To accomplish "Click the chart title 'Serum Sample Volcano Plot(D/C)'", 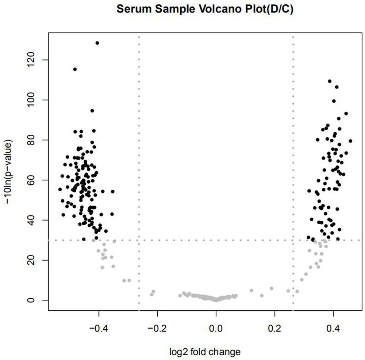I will [205, 9].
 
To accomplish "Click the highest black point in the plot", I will [97, 43].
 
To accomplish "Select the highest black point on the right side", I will [330, 81].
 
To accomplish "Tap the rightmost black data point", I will [350, 141].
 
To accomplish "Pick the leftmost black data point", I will [60, 189].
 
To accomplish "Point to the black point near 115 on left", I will [75, 69].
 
